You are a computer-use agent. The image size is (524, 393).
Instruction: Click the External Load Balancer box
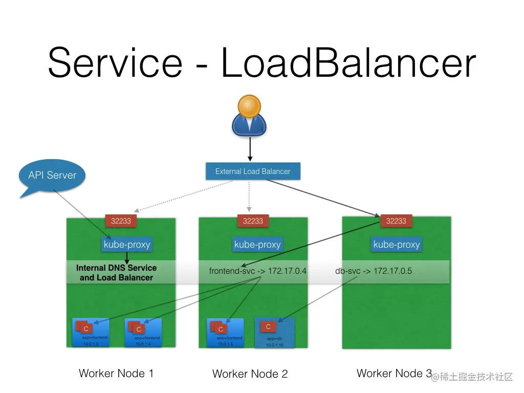coord(253,171)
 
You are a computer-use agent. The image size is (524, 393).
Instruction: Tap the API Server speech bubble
coord(52,176)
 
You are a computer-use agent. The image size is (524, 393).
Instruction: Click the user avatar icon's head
coord(249,106)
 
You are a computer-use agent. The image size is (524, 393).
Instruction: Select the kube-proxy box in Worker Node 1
coord(127,245)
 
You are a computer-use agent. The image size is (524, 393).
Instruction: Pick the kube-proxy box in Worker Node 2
coord(257,245)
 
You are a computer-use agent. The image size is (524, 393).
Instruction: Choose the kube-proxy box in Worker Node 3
coord(397,245)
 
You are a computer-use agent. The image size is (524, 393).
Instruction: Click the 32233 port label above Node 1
coord(121,221)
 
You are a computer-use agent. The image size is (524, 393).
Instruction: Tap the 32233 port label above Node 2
coord(253,221)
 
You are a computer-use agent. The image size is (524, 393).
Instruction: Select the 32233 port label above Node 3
coord(396,221)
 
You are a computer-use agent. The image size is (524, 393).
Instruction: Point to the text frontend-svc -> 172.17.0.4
coord(257,271)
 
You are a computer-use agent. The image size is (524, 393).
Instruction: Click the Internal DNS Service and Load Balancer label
coord(116,273)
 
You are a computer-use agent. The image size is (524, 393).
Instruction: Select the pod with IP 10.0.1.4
coord(143,333)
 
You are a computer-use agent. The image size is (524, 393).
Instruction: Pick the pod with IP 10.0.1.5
coord(225,333)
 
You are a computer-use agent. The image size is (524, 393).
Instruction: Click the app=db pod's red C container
coord(268,326)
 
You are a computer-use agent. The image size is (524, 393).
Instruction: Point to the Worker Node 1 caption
coord(116,374)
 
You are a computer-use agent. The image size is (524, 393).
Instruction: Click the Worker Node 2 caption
coord(250,374)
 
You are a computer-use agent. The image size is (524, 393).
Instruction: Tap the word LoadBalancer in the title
coord(348,62)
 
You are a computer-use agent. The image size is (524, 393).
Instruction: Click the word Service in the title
coord(115,62)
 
